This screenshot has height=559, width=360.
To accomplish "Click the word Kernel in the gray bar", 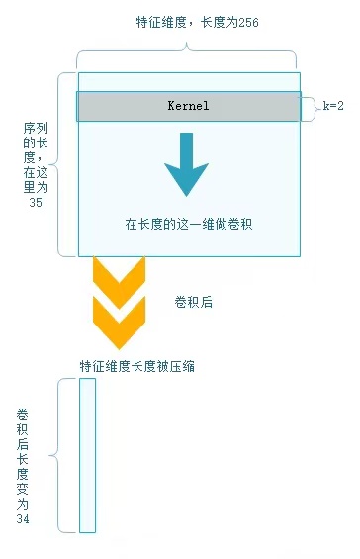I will [x=189, y=106].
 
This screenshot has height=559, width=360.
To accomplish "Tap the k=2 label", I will [x=333, y=106].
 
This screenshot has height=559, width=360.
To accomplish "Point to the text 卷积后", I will [x=193, y=303].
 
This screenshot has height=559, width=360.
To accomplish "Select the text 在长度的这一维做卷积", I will [x=189, y=225].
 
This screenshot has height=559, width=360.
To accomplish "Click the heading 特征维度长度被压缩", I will [x=137, y=366].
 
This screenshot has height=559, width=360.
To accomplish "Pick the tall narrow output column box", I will [x=87, y=454].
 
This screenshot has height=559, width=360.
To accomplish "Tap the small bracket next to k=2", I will [x=311, y=106].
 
